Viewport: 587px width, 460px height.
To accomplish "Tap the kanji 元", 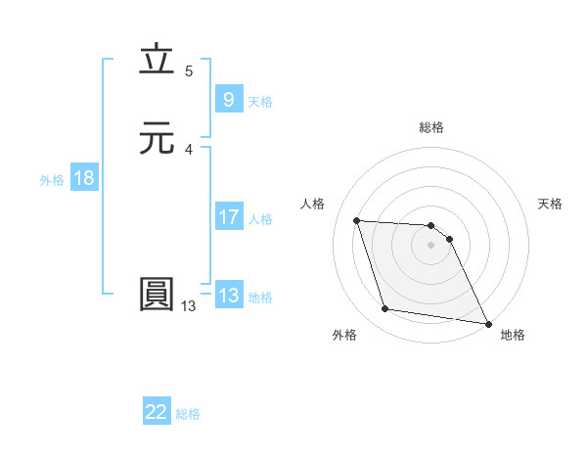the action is tap(157, 138).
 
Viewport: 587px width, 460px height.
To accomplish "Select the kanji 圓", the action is tap(157, 295).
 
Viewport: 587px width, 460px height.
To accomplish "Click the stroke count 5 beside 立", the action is tap(189, 71).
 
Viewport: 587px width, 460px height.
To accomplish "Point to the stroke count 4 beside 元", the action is tap(189, 150).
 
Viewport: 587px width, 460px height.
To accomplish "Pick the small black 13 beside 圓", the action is tap(188, 306).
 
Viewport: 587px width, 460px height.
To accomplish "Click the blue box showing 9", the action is tap(228, 100).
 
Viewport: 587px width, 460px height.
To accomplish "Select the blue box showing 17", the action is tap(228, 217).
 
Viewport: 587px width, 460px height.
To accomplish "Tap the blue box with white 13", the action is tap(228, 296).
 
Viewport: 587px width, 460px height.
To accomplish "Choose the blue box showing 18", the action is tap(84, 178).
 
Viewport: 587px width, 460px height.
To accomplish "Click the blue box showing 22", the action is tap(157, 412).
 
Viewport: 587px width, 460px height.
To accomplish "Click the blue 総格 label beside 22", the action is tap(188, 414).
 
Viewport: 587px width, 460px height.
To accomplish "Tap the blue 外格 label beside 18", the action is tap(52, 180).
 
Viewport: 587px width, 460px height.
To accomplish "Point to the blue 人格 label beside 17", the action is tap(260, 219).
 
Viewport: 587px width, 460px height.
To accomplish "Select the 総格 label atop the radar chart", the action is tap(431, 127).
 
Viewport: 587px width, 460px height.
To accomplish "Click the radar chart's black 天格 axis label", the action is tap(550, 204).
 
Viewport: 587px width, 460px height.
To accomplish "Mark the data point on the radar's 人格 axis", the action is tap(357, 220).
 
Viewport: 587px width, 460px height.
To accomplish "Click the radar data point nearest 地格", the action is tap(488, 323).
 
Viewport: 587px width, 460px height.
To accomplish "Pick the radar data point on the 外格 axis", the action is tap(385, 309).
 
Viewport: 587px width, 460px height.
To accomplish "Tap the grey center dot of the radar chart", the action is tap(431, 245).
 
